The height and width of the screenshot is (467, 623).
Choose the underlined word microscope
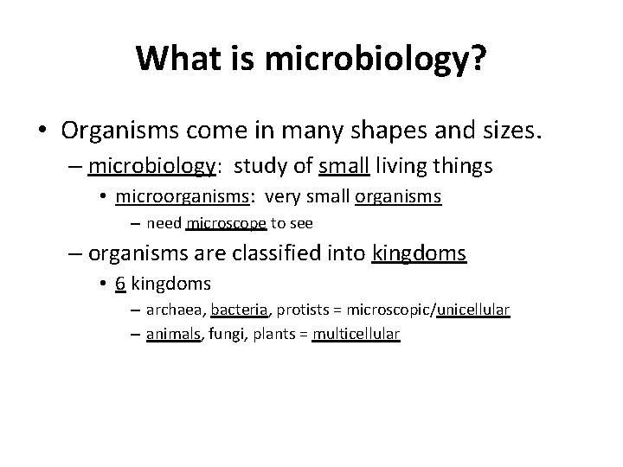[226, 223]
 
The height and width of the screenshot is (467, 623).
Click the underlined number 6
[120, 284]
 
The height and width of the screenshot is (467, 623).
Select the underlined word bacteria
[241, 310]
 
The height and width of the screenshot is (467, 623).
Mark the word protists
[303, 310]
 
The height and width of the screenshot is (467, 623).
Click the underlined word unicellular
[473, 310]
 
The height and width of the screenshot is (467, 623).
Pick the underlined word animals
[174, 335]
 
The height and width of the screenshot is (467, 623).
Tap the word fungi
[225, 335]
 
